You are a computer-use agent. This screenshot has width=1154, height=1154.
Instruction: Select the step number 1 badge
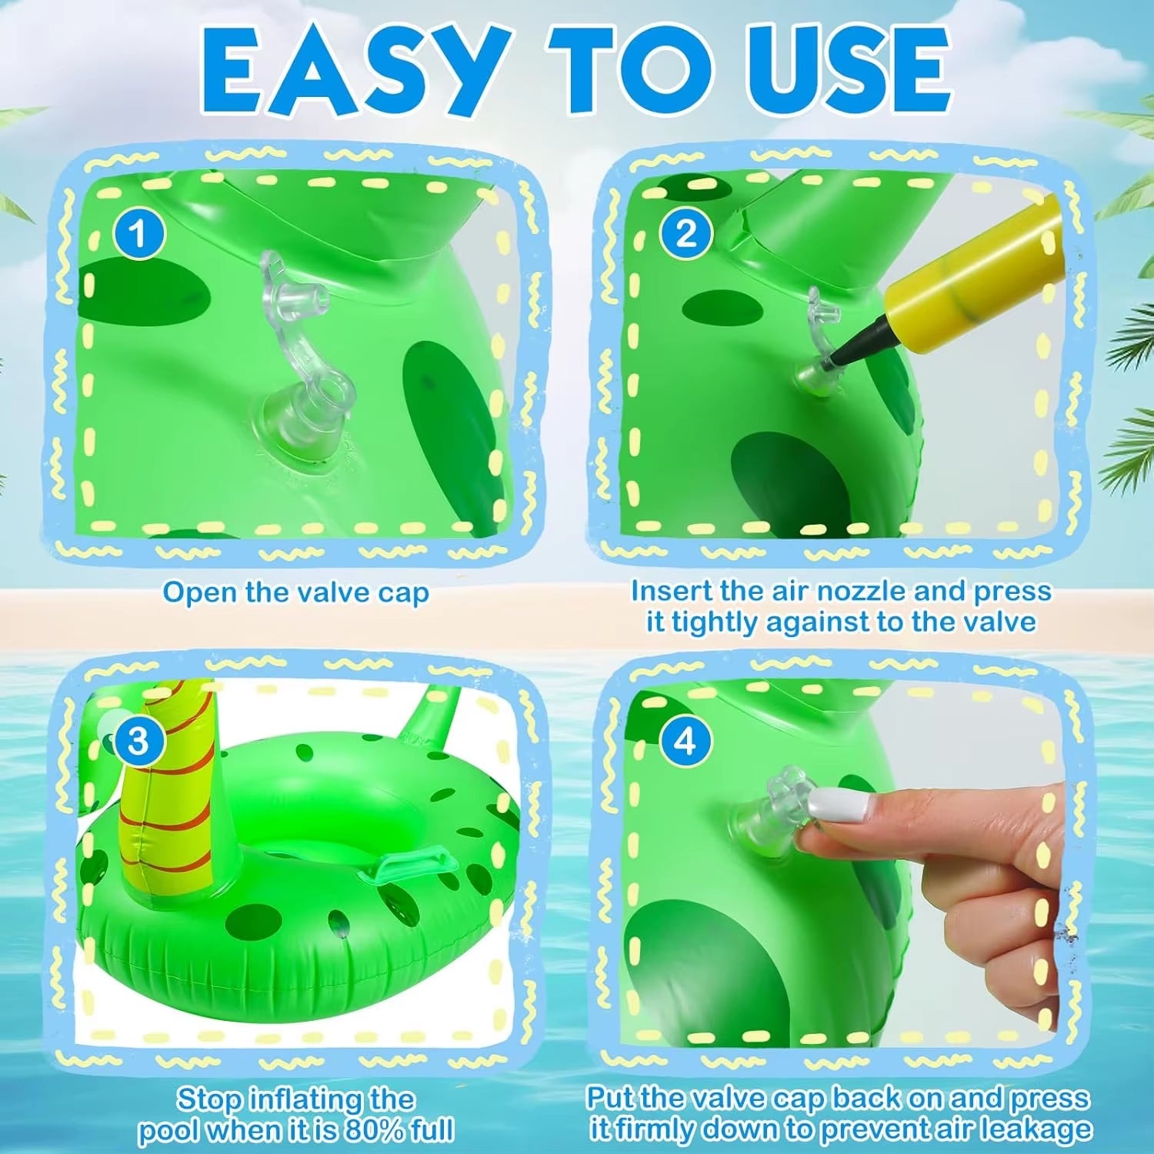click(139, 233)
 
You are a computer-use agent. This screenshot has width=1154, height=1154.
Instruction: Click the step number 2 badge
click(686, 232)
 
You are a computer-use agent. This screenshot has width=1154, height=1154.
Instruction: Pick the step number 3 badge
click(138, 741)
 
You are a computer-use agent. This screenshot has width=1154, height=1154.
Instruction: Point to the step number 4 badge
click(685, 741)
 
